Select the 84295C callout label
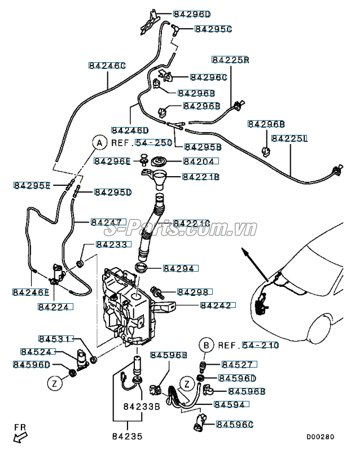[213, 28]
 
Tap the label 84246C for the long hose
[107, 66]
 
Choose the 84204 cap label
[200, 161]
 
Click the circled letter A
[99, 143]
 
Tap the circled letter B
[207, 345]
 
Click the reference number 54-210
[260, 345]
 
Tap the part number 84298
[195, 292]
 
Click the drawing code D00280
[321, 436]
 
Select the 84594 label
[230, 404]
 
